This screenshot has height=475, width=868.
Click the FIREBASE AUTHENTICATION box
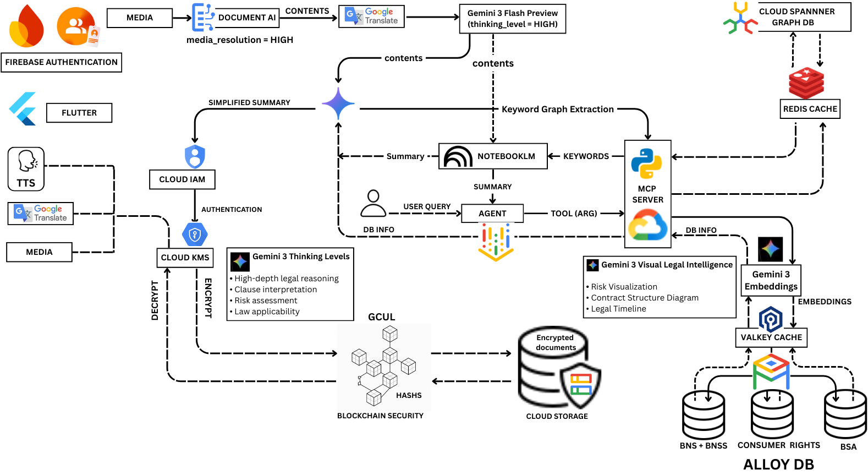click(62, 63)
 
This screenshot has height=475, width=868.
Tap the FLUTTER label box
click(79, 113)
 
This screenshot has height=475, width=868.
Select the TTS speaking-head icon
click(26, 162)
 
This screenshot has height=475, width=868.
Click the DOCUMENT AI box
click(247, 18)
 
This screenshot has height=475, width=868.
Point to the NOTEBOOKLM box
click(493, 156)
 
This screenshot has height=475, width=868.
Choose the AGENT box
click(492, 214)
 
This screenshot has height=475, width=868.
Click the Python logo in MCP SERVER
click(647, 163)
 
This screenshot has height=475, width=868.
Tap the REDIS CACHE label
click(810, 109)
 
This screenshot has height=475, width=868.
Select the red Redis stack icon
click(806, 83)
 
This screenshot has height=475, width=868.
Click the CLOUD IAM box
click(182, 179)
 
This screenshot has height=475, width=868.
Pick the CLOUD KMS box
click(185, 258)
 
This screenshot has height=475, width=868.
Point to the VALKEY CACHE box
click(771, 337)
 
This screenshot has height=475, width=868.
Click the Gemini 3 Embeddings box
click(771, 281)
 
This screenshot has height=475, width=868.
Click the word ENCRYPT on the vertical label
click(208, 298)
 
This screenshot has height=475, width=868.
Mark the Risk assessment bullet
click(266, 301)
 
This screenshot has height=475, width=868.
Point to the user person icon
click(373, 204)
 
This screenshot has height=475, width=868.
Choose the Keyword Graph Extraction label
click(557, 110)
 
